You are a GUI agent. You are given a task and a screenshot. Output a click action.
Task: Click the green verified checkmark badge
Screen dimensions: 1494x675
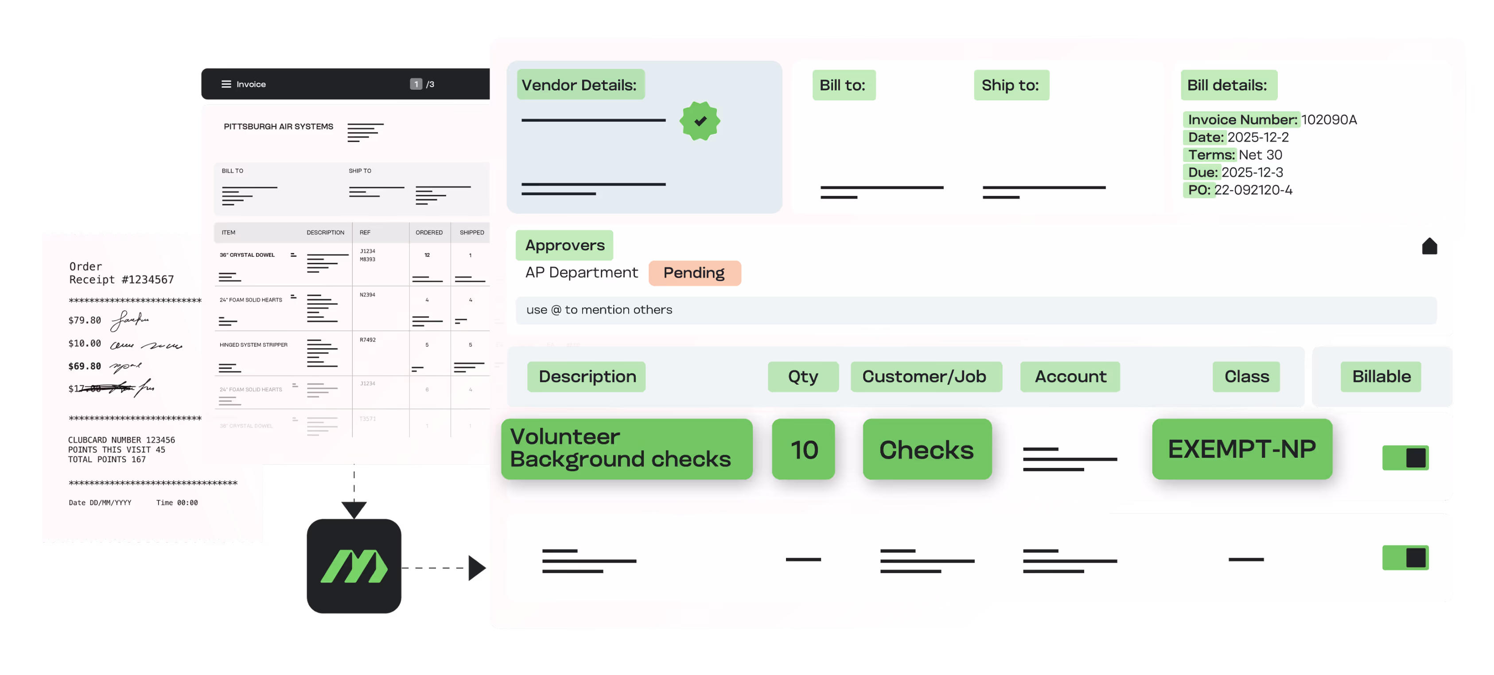(x=700, y=121)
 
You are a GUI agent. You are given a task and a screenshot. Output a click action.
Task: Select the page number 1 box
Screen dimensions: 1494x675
(x=416, y=84)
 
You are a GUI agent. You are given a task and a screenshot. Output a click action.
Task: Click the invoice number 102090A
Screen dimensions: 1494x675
(x=1329, y=120)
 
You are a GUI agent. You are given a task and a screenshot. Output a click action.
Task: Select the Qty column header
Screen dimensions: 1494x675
(x=803, y=377)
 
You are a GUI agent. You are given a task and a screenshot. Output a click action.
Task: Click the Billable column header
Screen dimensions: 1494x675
(x=1381, y=377)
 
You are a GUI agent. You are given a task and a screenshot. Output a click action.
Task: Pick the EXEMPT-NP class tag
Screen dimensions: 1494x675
(x=1242, y=450)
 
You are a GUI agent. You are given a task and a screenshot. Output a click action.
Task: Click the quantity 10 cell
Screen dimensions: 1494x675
(x=804, y=450)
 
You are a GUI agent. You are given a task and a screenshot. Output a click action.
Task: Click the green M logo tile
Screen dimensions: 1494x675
(x=354, y=566)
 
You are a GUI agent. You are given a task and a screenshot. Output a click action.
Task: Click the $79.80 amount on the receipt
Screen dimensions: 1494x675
(x=85, y=321)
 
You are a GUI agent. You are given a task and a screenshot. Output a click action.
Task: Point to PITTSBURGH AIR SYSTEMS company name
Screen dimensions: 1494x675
(x=278, y=126)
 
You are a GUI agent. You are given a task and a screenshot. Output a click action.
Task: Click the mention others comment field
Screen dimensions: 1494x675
(x=976, y=310)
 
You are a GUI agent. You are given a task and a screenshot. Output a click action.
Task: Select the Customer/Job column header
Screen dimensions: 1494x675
(x=925, y=377)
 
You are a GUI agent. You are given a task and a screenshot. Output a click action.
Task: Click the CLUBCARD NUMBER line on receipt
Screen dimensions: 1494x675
(x=121, y=440)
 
